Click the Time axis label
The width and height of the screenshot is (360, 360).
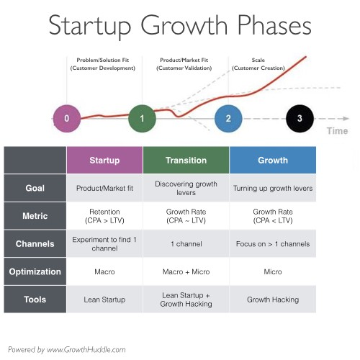(337, 131)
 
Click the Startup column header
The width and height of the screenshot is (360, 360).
(104, 161)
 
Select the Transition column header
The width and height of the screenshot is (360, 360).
(186, 161)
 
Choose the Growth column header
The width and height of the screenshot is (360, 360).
(272, 161)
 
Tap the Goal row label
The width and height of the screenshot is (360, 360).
(35, 188)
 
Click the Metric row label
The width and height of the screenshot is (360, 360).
(35, 215)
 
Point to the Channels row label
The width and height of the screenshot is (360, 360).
(35, 243)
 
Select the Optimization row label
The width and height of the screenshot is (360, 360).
(35, 271)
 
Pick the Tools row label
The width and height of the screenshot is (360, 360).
(35, 299)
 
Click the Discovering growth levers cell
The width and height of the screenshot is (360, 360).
(186, 188)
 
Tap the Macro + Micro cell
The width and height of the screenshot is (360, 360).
(186, 271)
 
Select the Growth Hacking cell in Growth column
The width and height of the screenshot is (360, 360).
(272, 299)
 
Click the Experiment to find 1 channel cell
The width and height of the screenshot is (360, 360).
(104, 243)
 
